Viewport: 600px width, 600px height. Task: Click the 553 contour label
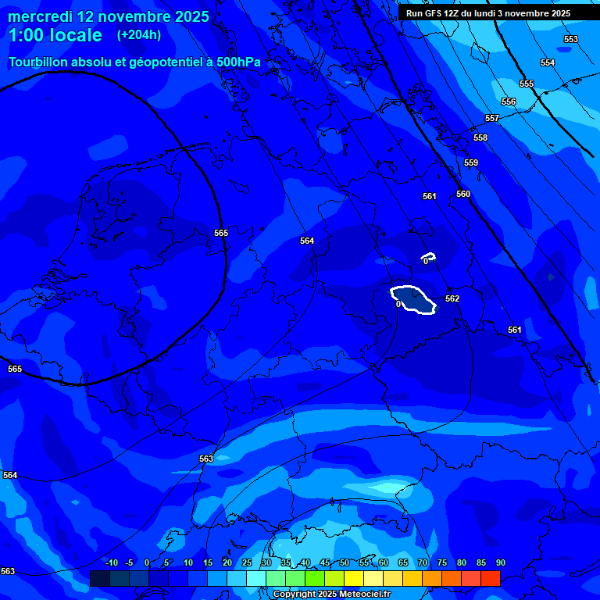(x=571, y=40)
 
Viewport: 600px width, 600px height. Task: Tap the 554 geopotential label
(x=548, y=63)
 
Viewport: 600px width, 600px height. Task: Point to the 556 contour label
(x=509, y=102)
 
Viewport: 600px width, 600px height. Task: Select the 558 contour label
(x=480, y=138)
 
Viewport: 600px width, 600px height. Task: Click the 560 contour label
(x=463, y=195)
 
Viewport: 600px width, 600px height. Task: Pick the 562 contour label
(x=452, y=299)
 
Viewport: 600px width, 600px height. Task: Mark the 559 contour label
(x=471, y=163)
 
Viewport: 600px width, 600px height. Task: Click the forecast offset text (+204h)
(x=138, y=35)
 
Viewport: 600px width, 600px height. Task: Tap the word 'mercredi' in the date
(x=40, y=16)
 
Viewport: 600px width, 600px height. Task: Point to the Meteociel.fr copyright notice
(x=331, y=595)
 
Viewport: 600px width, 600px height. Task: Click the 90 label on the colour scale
(x=500, y=563)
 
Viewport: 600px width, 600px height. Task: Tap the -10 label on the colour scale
(x=111, y=563)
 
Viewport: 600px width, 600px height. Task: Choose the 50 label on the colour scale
(x=345, y=563)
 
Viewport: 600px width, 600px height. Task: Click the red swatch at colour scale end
(x=490, y=578)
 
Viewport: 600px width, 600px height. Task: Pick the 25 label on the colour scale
(x=247, y=563)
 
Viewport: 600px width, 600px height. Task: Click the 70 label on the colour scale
(x=423, y=563)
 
